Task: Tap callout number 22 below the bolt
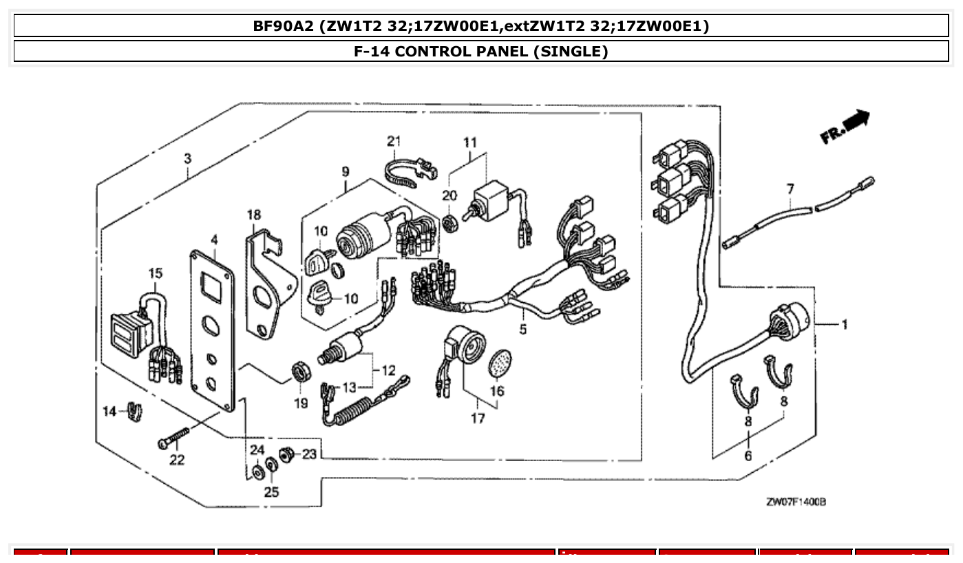177,460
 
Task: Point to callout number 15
155,274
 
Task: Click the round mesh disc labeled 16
500,363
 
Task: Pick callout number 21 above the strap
393,141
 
